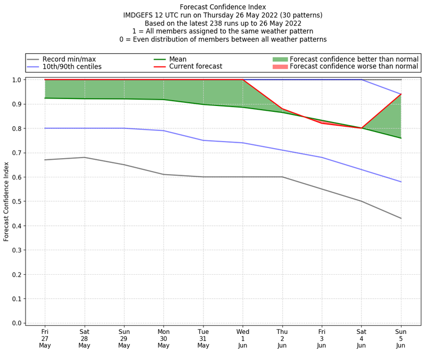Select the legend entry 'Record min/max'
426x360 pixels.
[69, 59]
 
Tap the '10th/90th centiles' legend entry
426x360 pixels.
[72, 67]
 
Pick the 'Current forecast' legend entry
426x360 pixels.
[195, 67]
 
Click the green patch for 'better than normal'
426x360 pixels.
[280, 59]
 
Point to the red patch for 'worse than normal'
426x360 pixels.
[280, 67]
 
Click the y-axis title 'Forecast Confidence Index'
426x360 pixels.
[7, 201]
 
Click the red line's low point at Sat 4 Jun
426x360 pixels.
[362, 128]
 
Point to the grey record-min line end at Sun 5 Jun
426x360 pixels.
[401, 218]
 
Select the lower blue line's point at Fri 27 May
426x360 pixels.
[45, 128]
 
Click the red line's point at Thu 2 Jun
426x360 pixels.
[282, 109]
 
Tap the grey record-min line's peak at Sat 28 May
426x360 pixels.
[84, 157]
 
